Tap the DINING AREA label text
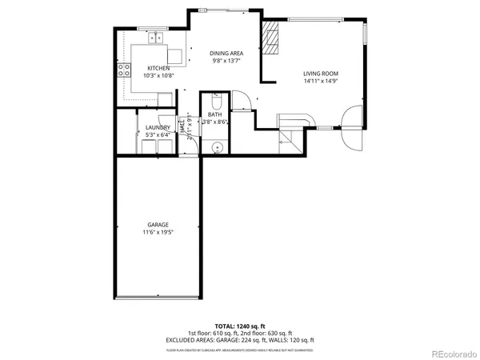click(226, 53)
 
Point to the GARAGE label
click(157, 225)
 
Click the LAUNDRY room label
click(156, 128)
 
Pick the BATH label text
click(215, 115)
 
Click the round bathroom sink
click(215, 146)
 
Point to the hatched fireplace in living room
click(272, 37)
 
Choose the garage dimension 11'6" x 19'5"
click(157, 233)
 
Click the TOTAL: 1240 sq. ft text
click(239, 326)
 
